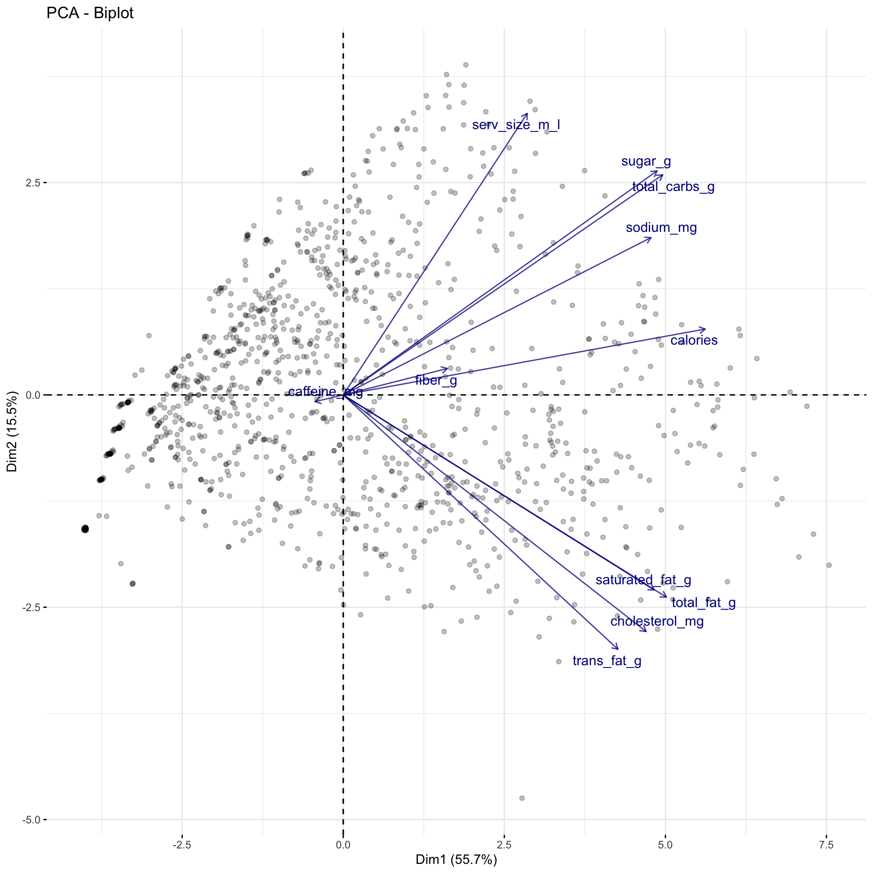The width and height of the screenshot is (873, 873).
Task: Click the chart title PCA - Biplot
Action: pos(90,13)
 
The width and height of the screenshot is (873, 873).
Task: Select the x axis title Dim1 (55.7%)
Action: pos(456,859)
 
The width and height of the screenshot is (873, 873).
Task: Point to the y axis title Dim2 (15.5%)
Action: pos(12,431)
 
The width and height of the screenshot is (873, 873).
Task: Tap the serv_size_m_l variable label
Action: pos(516,125)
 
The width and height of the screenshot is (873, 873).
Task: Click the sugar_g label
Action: pos(646,161)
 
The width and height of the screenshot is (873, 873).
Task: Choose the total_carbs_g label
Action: pos(673,187)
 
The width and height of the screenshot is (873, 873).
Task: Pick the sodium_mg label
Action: pos(661,228)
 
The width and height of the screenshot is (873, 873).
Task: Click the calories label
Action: pos(693,341)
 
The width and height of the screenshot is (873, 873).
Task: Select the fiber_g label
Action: pos(436,381)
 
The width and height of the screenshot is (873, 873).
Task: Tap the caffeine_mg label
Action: pos(325,392)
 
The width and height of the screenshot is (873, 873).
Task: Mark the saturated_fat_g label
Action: pos(643,580)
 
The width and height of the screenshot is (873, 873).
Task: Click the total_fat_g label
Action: pos(703,603)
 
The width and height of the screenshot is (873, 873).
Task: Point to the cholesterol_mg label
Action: pos(657,622)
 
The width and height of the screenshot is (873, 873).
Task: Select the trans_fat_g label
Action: pos(607,661)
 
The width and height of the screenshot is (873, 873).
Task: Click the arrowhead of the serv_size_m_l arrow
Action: pos(527,114)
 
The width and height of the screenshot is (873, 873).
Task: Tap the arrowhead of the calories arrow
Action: pos(705,329)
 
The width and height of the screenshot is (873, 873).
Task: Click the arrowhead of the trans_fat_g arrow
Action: pos(618,649)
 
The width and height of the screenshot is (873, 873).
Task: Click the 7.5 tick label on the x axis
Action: pos(826,845)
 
